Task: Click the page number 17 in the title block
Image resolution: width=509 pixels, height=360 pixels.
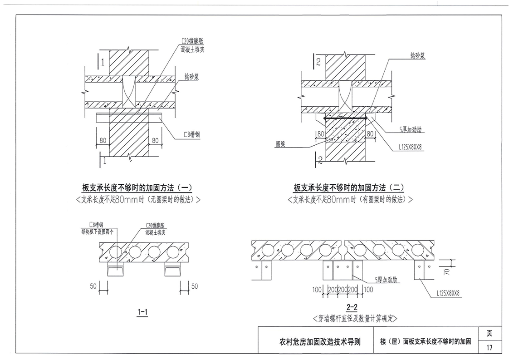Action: (489, 348)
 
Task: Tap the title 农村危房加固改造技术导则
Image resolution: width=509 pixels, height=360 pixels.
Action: (320, 342)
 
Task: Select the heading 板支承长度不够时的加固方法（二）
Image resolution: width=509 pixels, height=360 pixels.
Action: (348, 187)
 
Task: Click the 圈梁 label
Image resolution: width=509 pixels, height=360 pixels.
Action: (284, 143)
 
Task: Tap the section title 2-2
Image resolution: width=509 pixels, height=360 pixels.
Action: (352, 307)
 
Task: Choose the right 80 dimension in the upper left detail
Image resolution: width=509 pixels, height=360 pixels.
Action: (155, 141)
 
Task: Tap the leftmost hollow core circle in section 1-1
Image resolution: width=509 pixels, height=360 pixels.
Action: (115, 252)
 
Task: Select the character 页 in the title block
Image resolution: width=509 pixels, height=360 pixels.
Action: (489, 333)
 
